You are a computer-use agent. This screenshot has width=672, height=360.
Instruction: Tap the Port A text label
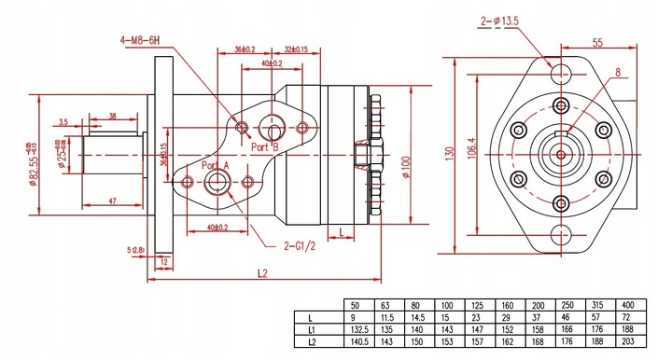[x=216, y=165]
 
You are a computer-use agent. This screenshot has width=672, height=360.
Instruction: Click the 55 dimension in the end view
[x=597, y=43]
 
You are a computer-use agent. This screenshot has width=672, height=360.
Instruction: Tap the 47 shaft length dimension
[x=111, y=201]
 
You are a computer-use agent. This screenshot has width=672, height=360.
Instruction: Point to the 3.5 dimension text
[x=63, y=121]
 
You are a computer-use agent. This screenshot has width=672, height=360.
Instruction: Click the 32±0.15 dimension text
[x=298, y=49]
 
